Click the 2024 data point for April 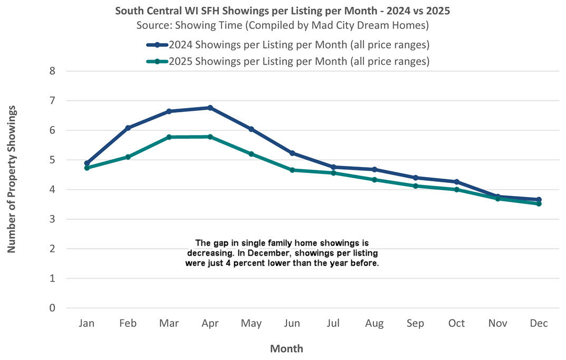(210, 108)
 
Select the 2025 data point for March (169, 137)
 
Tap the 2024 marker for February (128, 128)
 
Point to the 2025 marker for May (251, 154)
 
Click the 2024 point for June (292, 153)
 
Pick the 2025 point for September (415, 186)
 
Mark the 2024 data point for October (457, 182)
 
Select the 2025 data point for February (128, 157)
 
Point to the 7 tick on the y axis (52, 101)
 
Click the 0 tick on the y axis (52, 308)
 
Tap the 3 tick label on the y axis (52, 219)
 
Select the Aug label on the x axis (374, 324)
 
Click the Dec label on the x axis (539, 324)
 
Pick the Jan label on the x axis (87, 324)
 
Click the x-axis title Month (286, 348)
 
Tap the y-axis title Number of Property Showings (12, 179)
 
